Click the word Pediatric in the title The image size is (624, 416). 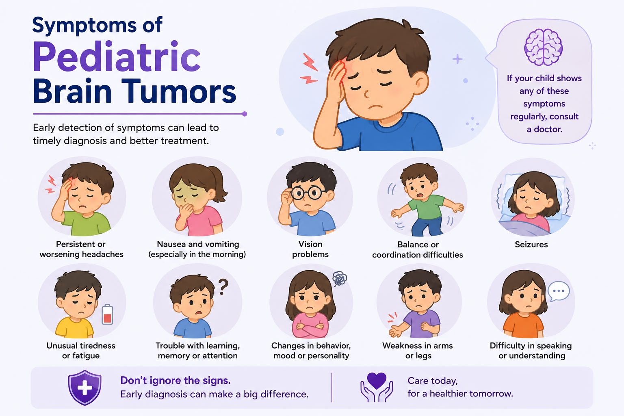click(x=117, y=56)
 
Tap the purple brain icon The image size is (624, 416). click(x=543, y=47)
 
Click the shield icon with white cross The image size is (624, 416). click(x=84, y=387)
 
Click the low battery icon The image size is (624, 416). click(x=108, y=314)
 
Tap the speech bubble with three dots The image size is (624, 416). click(x=558, y=291)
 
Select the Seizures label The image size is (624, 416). click(x=531, y=245)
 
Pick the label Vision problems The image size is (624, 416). click(x=310, y=249)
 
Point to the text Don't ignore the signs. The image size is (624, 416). click(x=175, y=380)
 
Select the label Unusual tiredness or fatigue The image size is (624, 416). click(x=81, y=351)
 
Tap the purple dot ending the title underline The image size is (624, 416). click(x=245, y=114)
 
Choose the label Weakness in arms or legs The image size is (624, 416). click(x=418, y=351)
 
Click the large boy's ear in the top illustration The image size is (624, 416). click(x=420, y=83)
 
